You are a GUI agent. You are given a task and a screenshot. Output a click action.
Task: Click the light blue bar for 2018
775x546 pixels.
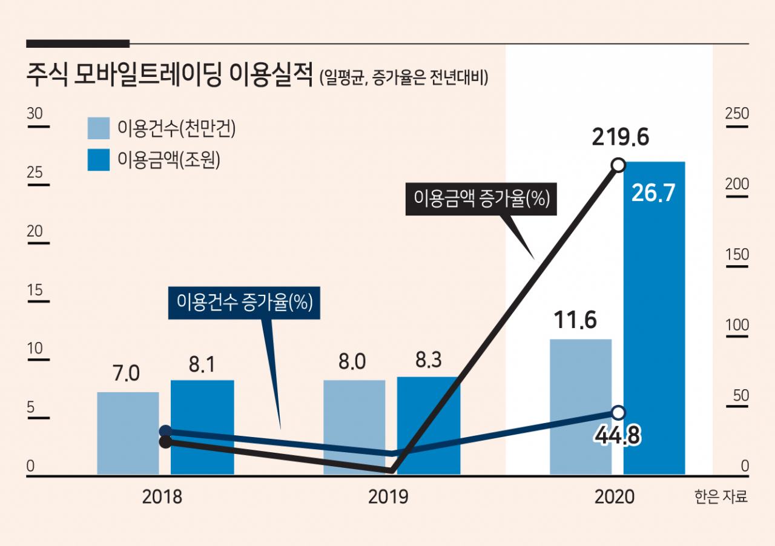[128, 433]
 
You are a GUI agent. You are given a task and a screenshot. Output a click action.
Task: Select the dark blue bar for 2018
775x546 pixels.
[202, 427]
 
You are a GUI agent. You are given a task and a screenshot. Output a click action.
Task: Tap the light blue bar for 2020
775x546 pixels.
[581, 407]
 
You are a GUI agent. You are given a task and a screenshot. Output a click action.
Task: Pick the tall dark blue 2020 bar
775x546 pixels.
[655, 318]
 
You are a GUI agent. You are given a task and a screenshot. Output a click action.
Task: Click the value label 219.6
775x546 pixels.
[621, 137]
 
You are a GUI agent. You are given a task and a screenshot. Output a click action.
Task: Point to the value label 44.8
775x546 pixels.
[618, 435]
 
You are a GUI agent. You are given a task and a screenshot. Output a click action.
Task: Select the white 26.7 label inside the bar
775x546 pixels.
[653, 192]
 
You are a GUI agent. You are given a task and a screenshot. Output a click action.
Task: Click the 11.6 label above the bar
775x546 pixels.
[575, 320]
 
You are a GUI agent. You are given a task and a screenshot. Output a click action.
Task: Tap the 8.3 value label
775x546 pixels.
[428, 360]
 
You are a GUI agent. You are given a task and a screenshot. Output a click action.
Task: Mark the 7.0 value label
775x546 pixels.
[127, 373]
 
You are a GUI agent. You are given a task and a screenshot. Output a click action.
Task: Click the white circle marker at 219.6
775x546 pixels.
[619, 165]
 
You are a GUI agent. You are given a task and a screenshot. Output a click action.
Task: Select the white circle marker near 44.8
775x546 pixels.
[619, 412]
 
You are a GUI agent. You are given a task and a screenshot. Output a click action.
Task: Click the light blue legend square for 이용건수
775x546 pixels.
[99, 128]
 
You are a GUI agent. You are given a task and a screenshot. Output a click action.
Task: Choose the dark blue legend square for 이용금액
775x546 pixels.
[99, 160]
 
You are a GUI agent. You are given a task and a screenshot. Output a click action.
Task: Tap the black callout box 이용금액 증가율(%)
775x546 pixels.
[481, 199]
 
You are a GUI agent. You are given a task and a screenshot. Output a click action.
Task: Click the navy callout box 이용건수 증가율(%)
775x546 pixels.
[244, 303]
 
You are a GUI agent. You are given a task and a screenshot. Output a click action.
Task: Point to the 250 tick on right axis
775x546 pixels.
[737, 113]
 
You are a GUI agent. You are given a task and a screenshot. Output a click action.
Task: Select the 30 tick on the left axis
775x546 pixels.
[35, 113]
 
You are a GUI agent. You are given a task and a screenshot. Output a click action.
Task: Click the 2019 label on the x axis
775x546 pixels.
[388, 497]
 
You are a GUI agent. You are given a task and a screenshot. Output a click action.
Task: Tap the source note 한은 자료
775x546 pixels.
[721, 496]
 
